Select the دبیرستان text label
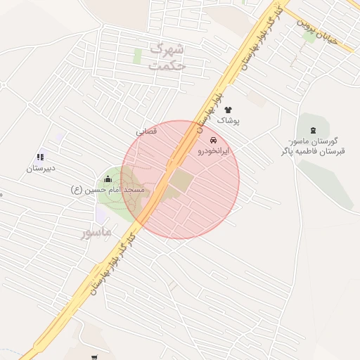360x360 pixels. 41,169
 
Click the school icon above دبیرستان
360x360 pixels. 40,157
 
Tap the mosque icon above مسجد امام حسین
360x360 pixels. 108,179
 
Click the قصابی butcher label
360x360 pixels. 146,131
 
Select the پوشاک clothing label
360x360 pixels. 228,121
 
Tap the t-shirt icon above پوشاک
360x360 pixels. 228,110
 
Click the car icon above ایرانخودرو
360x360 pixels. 212,139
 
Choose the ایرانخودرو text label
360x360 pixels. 212,150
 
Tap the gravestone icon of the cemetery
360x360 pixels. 313,130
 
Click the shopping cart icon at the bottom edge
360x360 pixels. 94,356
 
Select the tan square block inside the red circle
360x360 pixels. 181,180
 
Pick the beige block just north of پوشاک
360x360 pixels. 257,100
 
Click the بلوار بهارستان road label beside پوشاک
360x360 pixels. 211,105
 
